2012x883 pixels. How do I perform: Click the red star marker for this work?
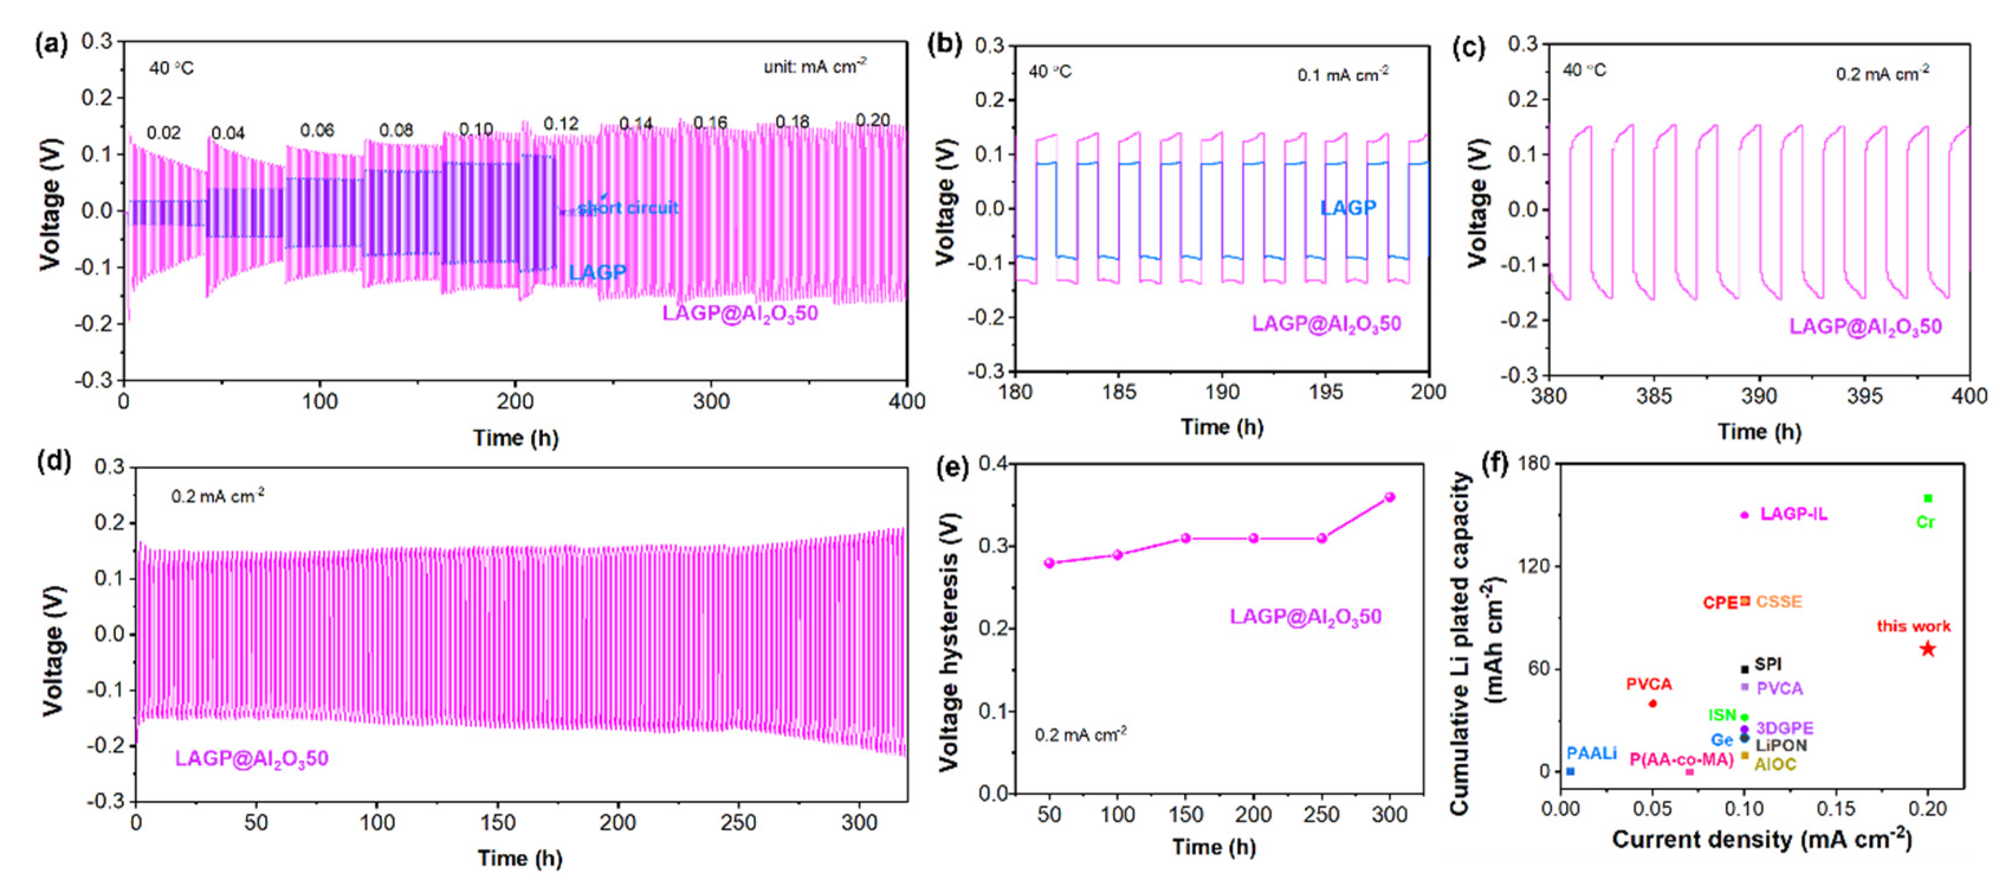point(1927,649)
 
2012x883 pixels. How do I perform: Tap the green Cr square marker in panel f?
point(1927,498)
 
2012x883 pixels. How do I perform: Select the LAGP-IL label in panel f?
point(1793,514)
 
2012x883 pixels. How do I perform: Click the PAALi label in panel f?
point(1592,753)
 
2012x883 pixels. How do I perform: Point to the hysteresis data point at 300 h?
point(1389,497)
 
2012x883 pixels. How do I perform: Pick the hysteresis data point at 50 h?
point(1049,563)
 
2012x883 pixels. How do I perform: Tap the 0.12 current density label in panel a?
point(561,124)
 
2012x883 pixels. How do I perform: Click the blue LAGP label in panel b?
point(1347,208)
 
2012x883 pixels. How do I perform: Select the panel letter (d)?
point(54,460)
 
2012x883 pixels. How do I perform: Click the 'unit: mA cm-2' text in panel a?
point(814,67)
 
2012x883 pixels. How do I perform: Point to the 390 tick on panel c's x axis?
point(1759,396)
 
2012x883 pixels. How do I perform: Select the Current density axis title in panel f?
point(1761,840)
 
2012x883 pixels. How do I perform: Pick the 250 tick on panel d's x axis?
point(738,823)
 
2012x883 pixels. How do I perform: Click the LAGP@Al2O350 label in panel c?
point(1865,327)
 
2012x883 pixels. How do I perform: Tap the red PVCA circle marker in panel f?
point(1652,703)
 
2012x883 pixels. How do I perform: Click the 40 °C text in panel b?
point(1050,72)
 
